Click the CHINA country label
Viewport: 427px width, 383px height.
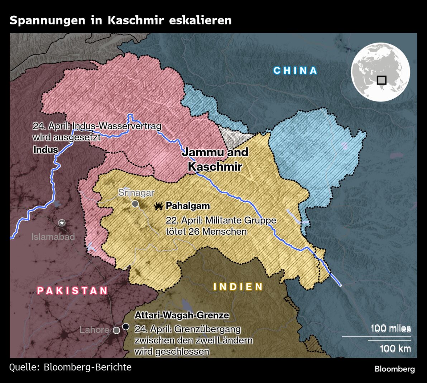(x=295, y=71)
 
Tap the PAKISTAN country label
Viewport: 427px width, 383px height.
(x=72, y=290)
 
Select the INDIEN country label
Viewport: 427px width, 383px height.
(x=238, y=287)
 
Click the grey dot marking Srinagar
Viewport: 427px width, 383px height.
(x=135, y=204)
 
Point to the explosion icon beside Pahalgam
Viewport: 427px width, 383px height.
(x=158, y=206)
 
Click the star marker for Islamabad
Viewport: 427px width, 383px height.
(x=62, y=223)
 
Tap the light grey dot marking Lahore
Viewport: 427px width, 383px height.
(x=116, y=330)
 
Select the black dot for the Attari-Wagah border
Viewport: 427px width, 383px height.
(x=125, y=326)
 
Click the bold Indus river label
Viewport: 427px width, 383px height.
(x=45, y=150)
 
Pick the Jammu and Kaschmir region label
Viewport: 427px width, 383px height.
(x=215, y=159)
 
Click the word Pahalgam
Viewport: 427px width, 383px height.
(x=188, y=206)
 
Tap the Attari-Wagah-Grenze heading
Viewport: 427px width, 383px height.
(x=182, y=315)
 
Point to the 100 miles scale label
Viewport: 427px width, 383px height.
(x=390, y=329)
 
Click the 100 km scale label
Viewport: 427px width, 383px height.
(x=395, y=348)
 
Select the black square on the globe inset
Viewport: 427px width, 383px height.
(x=382, y=80)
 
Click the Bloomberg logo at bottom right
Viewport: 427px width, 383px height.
(x=394, y=369)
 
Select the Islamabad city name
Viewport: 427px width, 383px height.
(x=53, y=237)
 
